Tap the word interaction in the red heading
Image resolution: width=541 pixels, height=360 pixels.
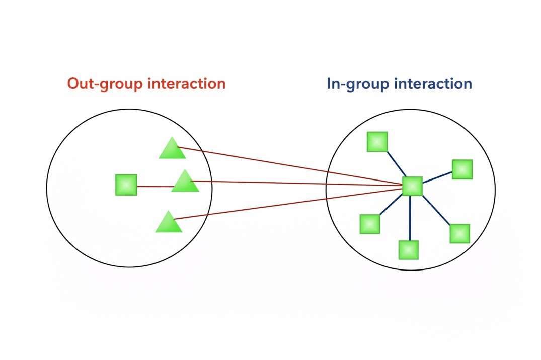coord(186,83)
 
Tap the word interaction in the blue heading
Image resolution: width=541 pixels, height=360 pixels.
coord(433,83)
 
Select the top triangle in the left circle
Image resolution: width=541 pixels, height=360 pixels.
coord(172,149)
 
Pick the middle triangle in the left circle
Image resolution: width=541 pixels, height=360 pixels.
coord(185,182)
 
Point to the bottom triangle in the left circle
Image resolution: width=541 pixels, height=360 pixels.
coord(169,223)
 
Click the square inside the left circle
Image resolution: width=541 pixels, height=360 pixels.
coord(126,185)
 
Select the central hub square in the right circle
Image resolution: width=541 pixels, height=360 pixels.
coord(412,186)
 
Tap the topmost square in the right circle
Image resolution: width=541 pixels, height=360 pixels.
coord(377,142)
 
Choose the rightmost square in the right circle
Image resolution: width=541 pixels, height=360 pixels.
coord(462,169)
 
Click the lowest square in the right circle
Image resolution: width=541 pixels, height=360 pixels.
coord(408,250)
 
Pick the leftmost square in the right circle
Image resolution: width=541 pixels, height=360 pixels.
coord(369,224)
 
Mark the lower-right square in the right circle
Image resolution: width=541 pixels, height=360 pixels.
coord(459,234)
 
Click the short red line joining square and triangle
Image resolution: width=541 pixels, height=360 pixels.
coord(153,187)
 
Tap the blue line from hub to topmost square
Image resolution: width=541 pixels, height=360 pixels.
coord(394,163)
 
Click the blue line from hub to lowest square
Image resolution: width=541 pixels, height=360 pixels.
coord(410,218)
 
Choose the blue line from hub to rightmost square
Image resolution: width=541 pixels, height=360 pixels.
coord(437,178)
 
